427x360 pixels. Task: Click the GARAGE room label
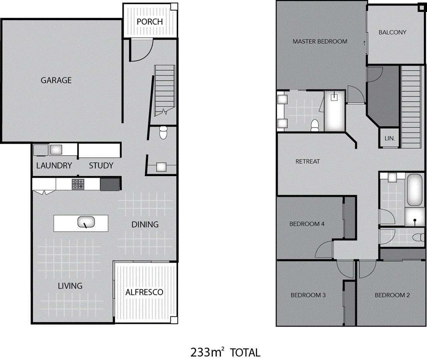point(56,80)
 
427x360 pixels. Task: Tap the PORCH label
point(150,22)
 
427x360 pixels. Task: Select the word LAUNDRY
point(54,166)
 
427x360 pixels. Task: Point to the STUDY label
point(101,166)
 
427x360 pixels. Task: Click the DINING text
point(145,224)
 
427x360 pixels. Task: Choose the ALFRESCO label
point(144,292)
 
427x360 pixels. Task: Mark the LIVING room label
point(70,286)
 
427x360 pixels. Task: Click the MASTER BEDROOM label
point(320,41)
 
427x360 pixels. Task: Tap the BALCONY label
point(392,32)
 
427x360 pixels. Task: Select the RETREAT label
point(308,161)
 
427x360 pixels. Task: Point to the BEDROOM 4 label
point(305,224)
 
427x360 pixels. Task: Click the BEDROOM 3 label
point(308,295)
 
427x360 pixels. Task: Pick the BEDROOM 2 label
point(392,295)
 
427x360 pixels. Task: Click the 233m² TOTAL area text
point(225,352)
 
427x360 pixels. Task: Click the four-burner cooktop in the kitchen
point(78,184)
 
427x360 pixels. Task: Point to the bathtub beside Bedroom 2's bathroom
point(415,190)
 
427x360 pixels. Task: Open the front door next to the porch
point(141,50)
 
